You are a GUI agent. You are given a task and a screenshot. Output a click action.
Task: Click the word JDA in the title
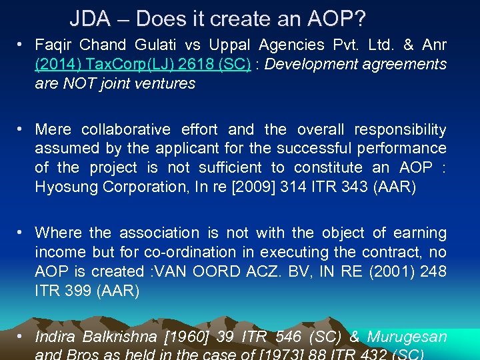[x=90, y=19]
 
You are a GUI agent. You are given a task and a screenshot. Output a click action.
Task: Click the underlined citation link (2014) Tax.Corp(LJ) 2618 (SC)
[x=143, y=65]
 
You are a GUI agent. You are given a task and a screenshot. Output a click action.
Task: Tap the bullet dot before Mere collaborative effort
[x=22, y=129]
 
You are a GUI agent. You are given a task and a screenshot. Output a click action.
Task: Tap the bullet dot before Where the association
[x=22, y=232]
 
